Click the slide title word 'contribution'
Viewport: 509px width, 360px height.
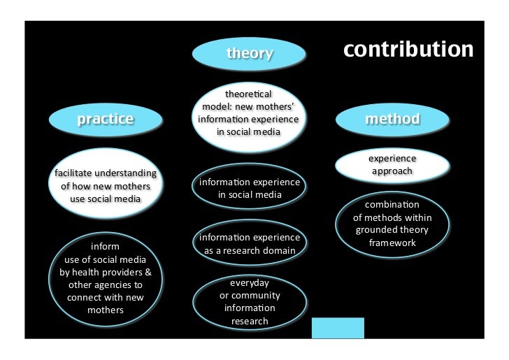(x=408, y=50)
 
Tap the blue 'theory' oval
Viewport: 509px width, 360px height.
(x=249, y=54)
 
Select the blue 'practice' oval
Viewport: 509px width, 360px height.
(x=105, y=119)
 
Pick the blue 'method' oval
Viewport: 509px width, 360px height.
(x=392, y=119)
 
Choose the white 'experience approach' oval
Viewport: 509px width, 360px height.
(x=392, y=165)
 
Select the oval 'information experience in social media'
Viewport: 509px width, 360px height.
(x=250, y=188)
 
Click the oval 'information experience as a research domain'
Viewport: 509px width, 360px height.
(x=250, y=243)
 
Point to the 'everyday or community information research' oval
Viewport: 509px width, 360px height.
(x=250, y=302)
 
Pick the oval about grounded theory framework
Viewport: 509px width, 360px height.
(x=392, y=224)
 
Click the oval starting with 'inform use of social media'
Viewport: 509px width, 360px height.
(x=105, y=278)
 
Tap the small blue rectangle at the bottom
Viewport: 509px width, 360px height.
(x=338, y=328)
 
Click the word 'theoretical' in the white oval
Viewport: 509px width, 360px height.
(x=249, y=94)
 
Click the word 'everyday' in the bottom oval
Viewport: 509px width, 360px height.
(x=250, y=282)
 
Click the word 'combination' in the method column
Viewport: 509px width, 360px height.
(x=392, y=205)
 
